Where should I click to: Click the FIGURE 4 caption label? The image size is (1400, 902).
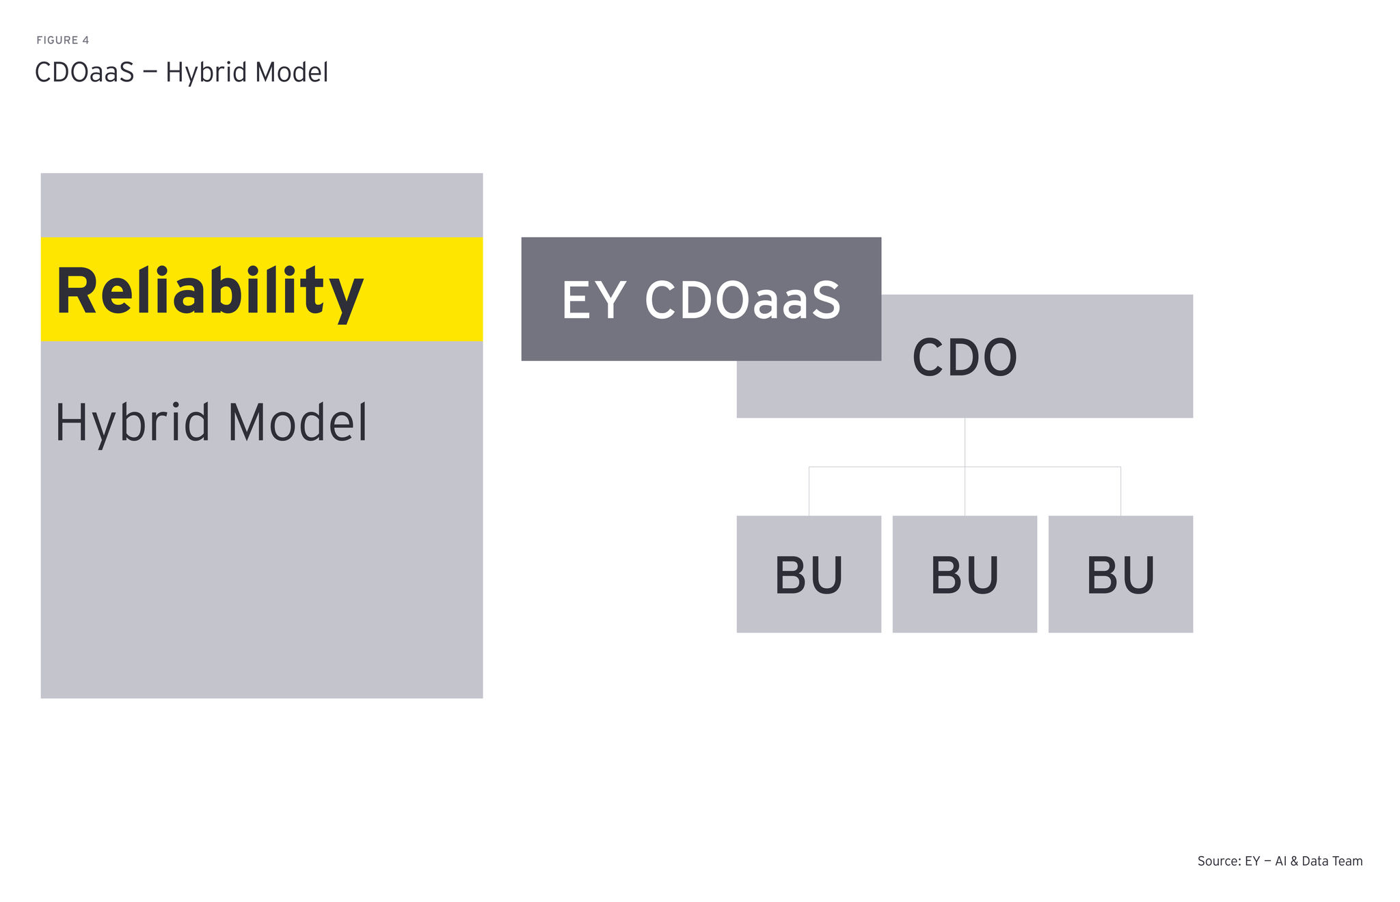click(x=62, y=40)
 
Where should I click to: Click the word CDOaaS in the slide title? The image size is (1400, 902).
click(x=84, y=72)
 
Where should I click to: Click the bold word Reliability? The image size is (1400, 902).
click(x=209, y=292)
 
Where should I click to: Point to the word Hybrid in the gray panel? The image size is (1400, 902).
click(x=132, y=423)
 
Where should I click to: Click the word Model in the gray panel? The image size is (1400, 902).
click(x=297, y=423)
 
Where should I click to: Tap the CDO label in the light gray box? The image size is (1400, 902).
click(x=965, y=358)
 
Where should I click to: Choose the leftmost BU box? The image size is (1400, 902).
click(x=809, y=574)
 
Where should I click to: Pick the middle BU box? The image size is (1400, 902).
click(x=965, y=574)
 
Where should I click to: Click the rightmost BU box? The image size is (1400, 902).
click(x=1120, y=574)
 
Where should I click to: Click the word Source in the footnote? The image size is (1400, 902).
click(x=1218, y=862)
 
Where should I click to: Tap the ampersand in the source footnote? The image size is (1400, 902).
click(x=1294, y=862)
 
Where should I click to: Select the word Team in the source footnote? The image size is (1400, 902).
click(x=1346, y=862)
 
